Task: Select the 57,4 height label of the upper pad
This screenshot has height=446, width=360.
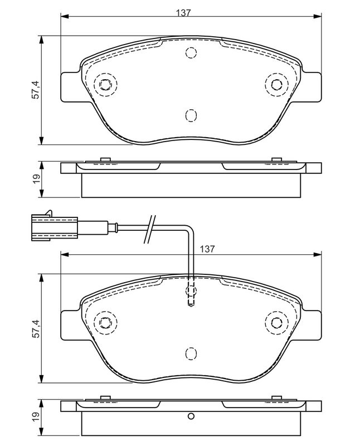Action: click(x=35, y=89)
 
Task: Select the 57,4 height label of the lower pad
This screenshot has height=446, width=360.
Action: click(x=35, y=328)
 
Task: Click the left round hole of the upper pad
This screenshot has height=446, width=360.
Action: click(x=105, y=85)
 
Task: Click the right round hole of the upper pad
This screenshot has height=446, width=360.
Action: click(x=275, y=85)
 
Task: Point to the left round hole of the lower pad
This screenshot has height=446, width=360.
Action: click(x=105, y=322)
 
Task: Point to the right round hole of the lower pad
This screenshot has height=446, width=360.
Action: click(x=275, y=322)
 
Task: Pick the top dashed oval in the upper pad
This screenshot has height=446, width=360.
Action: click(x=191, y=54)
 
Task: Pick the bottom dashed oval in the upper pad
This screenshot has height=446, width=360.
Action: click(x=191, y=115)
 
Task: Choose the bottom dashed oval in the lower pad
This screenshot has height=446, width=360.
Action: click(x=191, y=353)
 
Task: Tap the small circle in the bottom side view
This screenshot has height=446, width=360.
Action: click(x=191, y=416)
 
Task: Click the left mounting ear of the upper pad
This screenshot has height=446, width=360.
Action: click(x=70, y=87)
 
